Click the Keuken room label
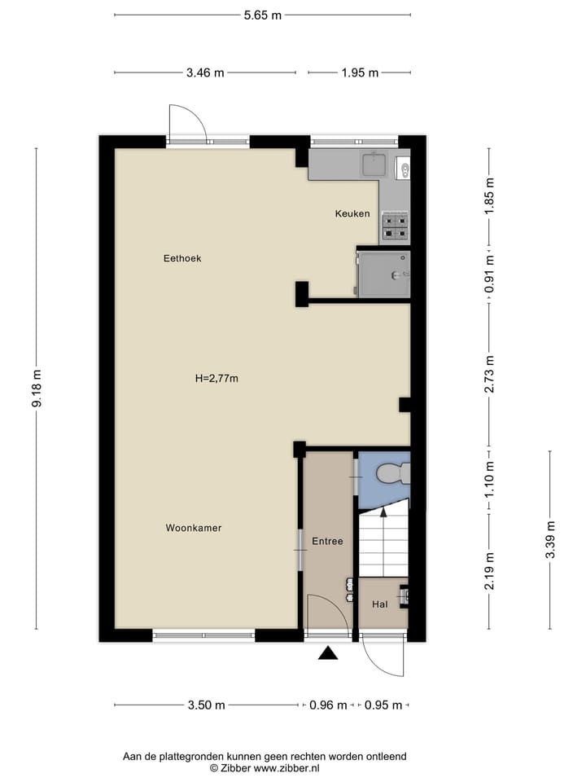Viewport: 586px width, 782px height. click(352, 214)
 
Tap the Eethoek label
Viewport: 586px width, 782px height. click(182, 258)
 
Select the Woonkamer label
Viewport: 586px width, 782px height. click(194, 528)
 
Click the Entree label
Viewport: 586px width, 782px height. click(327, 541)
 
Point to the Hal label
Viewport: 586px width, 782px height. click(379, 604)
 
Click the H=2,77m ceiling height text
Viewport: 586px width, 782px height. click(216, 378)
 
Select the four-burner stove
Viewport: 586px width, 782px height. click(395, 226)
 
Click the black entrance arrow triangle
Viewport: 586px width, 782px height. click(328, 652)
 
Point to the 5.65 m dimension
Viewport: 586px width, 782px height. click(263, 15)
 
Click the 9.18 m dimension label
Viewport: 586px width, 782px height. click(36, 389)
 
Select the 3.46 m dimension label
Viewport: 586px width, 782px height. click(204, 72)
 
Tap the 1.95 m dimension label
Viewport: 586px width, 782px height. click(361, 72)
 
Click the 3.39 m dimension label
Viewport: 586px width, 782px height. click(550, 539)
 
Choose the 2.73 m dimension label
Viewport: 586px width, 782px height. click(489, 375)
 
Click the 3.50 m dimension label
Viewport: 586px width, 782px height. click(206, 705)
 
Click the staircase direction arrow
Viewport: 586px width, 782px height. click(383, 513)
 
